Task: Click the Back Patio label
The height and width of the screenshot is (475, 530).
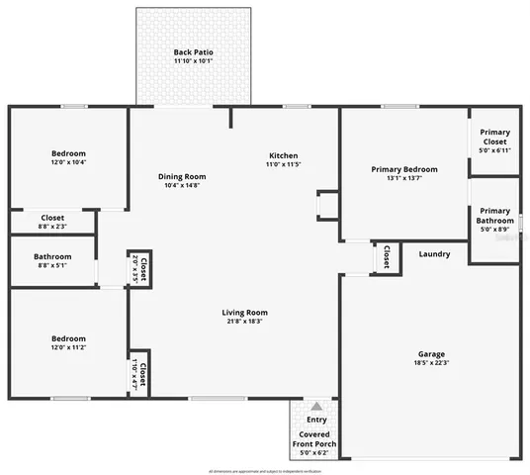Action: coord(193,51)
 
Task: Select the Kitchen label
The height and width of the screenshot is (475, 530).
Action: coord(284,156)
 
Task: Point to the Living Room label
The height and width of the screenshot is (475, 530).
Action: coord(245,313)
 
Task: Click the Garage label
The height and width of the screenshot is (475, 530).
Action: coord(430,353)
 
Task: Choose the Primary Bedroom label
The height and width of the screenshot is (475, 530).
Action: coord(404,169)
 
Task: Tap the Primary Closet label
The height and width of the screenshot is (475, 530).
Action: coord(494,138)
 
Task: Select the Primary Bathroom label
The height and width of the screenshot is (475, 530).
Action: coord(494,216)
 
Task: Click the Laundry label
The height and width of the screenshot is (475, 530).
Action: coord(434,254)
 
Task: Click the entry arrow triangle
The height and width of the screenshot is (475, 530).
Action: coord(316,406)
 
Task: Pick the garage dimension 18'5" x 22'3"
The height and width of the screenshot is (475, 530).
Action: coord(430,363)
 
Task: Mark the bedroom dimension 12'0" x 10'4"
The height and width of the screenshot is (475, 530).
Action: coord(68,162)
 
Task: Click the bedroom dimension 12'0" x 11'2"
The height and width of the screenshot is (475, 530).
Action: coord(68,347)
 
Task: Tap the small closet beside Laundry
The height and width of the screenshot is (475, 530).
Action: coord(385,256)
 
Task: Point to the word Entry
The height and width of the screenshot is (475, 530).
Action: coord(316,421)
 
